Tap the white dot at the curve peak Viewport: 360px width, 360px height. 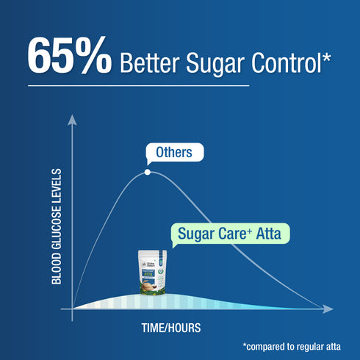click(148, 173)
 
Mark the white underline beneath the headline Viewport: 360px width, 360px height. click(139, 85)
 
